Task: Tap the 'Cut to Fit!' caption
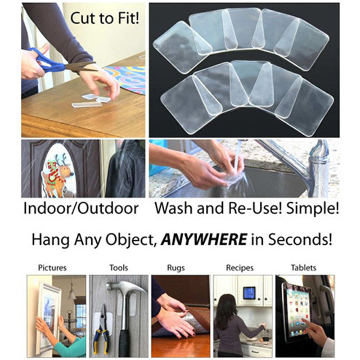point(105,19)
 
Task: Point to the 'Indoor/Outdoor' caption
point(81,209)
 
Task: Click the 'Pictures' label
point(53,268)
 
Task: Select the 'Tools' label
point(118,268)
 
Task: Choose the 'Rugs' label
point(180,268)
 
